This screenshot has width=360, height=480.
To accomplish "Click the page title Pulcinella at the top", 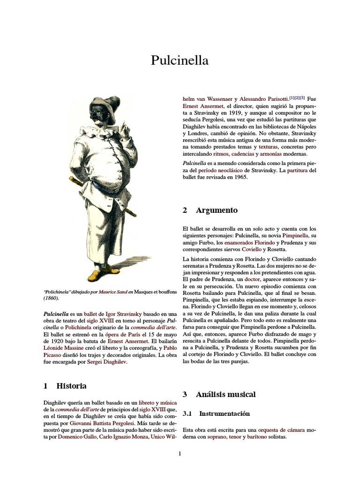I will coord(180,60).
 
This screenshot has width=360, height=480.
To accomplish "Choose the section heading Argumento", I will coord(217,210).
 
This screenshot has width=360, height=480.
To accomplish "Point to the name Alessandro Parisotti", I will coord(264,99).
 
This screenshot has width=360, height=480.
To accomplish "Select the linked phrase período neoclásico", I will coord(225,170).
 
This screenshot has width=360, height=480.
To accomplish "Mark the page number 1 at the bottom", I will coord(180,454).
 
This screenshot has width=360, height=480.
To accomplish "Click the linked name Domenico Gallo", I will coord(77,436).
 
